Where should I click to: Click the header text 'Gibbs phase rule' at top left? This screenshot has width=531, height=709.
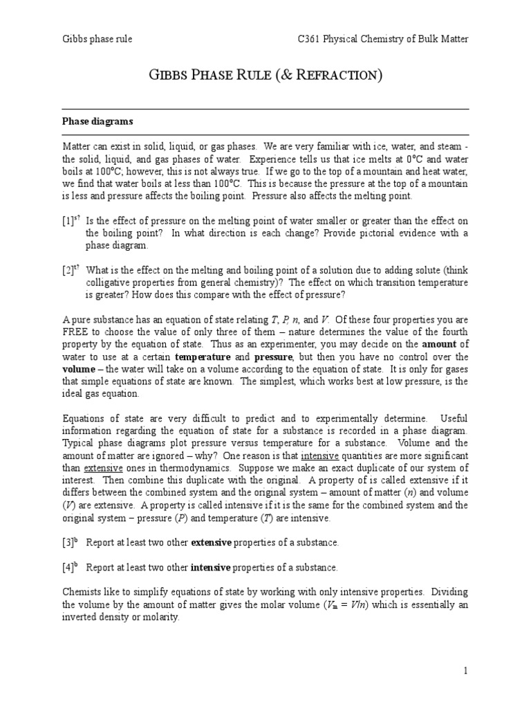(97, 39)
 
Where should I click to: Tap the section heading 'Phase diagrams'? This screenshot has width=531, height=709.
(97, 121)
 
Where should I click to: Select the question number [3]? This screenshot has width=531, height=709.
(68, 542)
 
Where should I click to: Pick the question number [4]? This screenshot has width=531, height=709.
(68, 568)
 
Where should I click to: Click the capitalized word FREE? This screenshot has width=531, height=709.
(75, 332)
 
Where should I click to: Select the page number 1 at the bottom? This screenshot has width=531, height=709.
(466, 671)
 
